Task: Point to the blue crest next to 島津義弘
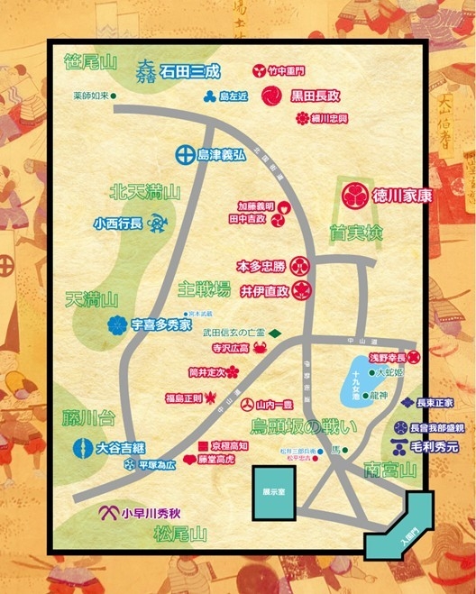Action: click(x=181, y=153)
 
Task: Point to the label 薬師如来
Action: click(x=92, y=96)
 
